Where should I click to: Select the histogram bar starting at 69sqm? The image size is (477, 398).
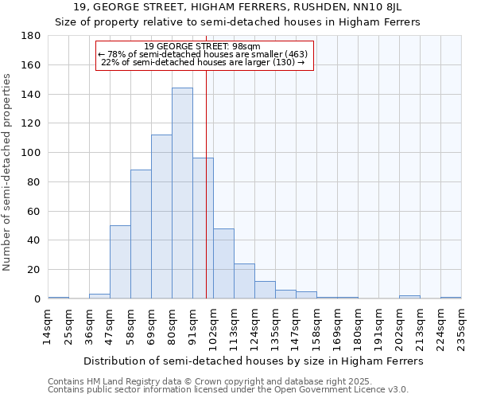(x=161, y=217)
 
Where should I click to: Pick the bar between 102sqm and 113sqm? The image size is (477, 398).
(x=223, y=263)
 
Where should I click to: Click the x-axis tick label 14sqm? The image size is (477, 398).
(x=48, y=325)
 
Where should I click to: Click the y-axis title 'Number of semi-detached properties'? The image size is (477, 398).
(x=8, y=172)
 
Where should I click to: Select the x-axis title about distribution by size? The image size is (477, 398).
(x=254, y=361)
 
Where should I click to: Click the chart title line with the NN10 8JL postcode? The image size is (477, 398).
(x=238, y=8)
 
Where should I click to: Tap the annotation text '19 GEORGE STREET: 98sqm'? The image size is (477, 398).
(x=204, y=46)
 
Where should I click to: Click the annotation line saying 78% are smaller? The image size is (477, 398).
(x=204, y=54)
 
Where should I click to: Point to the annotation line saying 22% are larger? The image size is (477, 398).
(x=204, y=62)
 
